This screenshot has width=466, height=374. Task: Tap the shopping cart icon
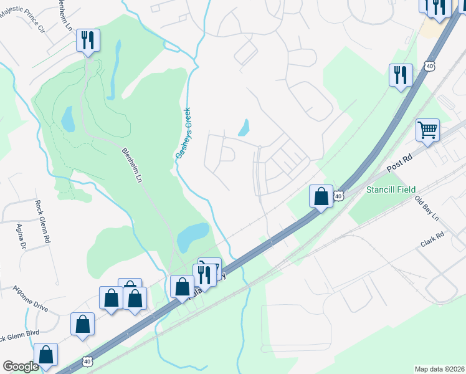click(x=428, y=130)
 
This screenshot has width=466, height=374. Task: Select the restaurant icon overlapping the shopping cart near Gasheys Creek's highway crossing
click(x=204, y=274)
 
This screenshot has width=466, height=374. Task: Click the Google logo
click(x=21, y=366)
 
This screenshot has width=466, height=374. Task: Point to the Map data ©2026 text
click(x=439, y=369)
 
